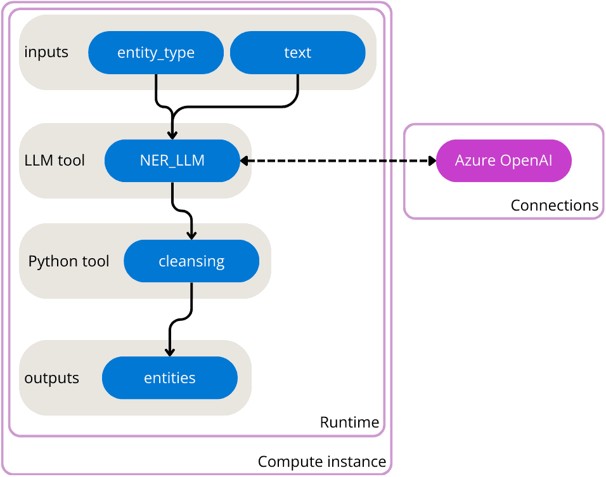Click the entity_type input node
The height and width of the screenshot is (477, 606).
click(x=156, y=53)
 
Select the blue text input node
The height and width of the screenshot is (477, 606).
click(x=297, y=53)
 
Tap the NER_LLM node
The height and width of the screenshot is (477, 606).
click(x=172, y=160)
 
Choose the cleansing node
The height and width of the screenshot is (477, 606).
click(x=191, y=261)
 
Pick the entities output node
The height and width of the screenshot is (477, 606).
click(x=169, y=378)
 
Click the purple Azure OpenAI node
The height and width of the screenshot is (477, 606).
click(x=504, y=160)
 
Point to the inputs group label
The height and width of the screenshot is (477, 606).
click(x=46, y=52)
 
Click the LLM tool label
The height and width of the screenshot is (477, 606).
click(x=55, y=160)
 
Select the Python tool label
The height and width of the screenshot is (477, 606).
click(x=68, y=261)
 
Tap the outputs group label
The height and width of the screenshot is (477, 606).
click(x=51, y=378)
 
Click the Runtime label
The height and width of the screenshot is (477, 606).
click(x=349, y=422)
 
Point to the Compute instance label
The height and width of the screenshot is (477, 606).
click(x=322, y=462)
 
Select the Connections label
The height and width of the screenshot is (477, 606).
click(x=554, y=206)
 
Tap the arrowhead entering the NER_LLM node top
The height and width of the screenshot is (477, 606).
click(x=172, y=134)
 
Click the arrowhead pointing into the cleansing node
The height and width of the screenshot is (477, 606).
click(x=191, y=235)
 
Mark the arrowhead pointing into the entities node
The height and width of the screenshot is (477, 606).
click(x=169, y=351)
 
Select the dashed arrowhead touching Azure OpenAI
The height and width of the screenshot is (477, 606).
click(x=432, y=161)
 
